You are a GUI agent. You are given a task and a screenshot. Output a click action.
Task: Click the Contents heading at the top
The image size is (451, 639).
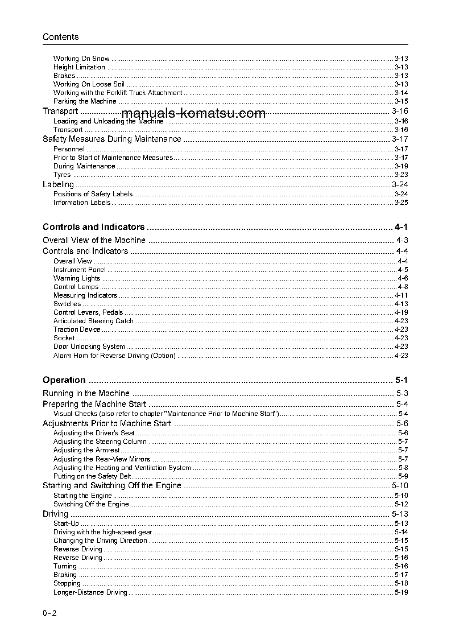[x=61, y=37]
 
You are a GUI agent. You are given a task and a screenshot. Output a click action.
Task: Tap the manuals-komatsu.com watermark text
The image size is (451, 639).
[x=193, y=113]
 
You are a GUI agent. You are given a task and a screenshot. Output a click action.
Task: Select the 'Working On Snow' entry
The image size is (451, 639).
[x=81, y=59]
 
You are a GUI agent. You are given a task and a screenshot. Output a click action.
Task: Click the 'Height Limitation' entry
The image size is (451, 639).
[x=79, y=67]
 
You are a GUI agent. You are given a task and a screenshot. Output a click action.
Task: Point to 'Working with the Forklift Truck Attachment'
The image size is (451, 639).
[x=118, y=93]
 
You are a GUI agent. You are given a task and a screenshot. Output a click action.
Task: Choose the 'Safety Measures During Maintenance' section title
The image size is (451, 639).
[x=112, y=139]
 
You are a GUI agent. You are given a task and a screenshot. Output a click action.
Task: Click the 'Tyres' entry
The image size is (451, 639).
[x=62, y=175]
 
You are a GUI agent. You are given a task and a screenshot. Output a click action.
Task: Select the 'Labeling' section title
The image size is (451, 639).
[x=59, y=184]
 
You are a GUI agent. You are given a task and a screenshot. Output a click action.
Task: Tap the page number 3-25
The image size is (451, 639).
[x=402, y=203]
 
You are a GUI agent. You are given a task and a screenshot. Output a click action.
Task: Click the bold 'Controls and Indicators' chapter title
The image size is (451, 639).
[x=94, y=226]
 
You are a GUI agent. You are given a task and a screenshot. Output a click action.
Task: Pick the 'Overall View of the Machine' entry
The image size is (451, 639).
[x=94, y=240]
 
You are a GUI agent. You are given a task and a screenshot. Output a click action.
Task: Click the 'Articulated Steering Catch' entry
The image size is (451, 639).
[x=93, y=321]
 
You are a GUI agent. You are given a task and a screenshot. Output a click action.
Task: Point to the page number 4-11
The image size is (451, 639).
[x=401, y=295]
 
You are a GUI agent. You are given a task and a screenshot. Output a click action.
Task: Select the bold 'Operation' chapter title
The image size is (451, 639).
[x=64, y=380]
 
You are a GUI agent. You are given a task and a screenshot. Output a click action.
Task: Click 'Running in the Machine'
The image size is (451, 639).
[x=86, y=393]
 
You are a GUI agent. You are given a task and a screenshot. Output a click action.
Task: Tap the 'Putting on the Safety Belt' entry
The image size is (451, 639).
[x=92, y=476]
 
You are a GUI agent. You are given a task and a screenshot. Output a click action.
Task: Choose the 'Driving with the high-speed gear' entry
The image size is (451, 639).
[x=102, y=532]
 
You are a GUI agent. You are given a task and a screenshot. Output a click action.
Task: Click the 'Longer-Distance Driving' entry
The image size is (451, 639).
[x=90, y=592]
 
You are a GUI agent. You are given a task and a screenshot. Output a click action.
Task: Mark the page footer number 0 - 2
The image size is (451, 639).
[x=50, y=613]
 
